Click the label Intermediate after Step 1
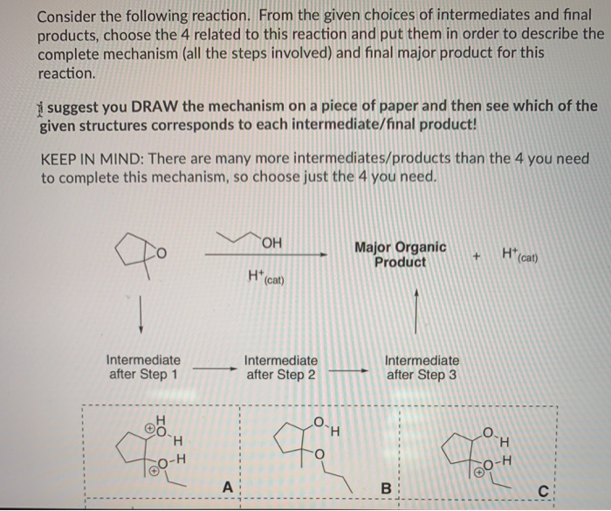point(143,367)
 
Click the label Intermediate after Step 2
point(281,367)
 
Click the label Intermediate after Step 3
point(422,367)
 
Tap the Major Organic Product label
point(401,254)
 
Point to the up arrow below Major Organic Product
point(418,313)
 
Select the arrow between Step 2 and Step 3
point(350,369)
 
